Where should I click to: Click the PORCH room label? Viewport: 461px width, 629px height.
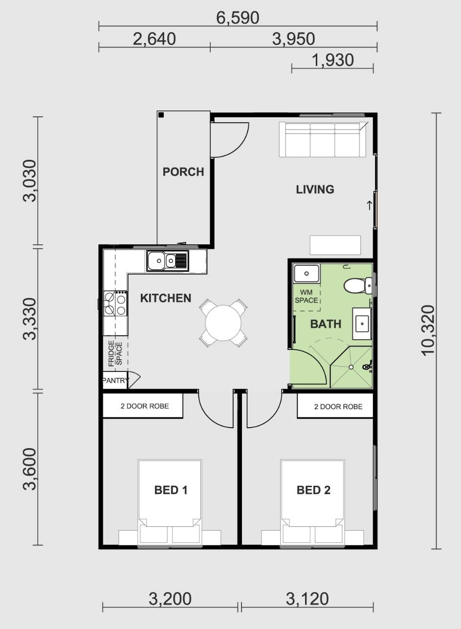183,172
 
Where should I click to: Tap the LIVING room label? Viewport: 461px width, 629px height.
315,190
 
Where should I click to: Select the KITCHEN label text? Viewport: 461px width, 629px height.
166,298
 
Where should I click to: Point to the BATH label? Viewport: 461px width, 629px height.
326,324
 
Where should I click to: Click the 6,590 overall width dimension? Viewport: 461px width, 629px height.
238,18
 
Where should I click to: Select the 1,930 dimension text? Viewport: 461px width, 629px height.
332,61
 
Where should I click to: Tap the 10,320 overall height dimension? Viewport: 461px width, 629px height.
428,330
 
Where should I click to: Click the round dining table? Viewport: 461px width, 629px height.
223,323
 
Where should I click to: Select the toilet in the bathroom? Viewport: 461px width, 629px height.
358,286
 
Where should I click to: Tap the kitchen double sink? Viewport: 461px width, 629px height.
167,261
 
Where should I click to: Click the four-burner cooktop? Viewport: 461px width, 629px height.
115,304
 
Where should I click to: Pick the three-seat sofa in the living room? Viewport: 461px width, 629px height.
322,140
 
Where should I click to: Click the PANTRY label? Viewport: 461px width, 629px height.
115,381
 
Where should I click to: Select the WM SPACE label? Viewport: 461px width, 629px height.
306,297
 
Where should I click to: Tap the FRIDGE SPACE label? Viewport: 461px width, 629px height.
115,353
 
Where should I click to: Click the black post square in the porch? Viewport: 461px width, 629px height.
161,115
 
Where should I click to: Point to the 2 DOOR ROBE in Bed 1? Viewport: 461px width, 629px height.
145,406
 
